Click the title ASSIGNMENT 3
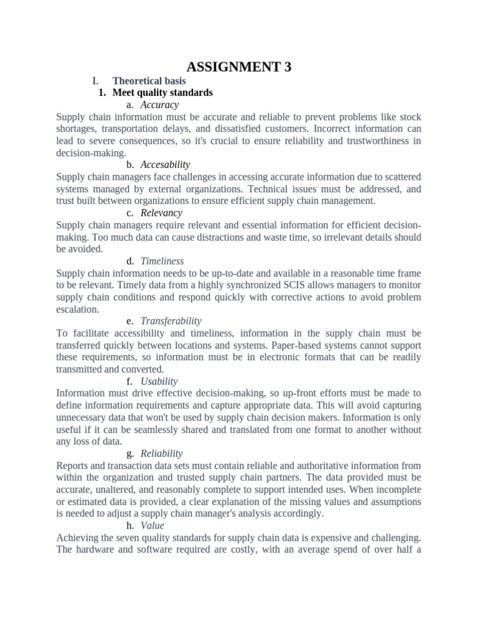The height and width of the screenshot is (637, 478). pos(239,67)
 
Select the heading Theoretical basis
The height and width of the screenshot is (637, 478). pos(149,81)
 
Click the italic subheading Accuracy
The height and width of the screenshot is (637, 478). pos(159,105)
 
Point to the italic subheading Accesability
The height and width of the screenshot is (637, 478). pos(165,165)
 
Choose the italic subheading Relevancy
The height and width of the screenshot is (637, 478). pos(161,213)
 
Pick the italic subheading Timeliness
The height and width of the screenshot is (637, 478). pos(162,261)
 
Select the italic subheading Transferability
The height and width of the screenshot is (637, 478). pos(171,321)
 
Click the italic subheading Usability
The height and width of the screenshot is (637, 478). pos(159,381)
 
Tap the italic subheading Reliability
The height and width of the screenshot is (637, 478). pos(161,453)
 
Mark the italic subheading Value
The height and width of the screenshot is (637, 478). pos(152,526)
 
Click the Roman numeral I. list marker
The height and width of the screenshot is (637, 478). pos(95,81)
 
